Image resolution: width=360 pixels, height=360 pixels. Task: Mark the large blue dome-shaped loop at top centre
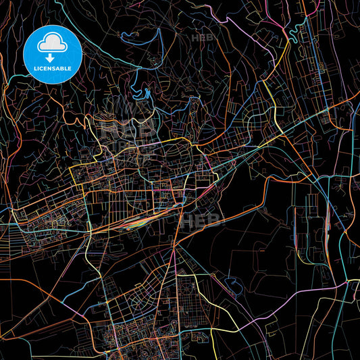[150, 54]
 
